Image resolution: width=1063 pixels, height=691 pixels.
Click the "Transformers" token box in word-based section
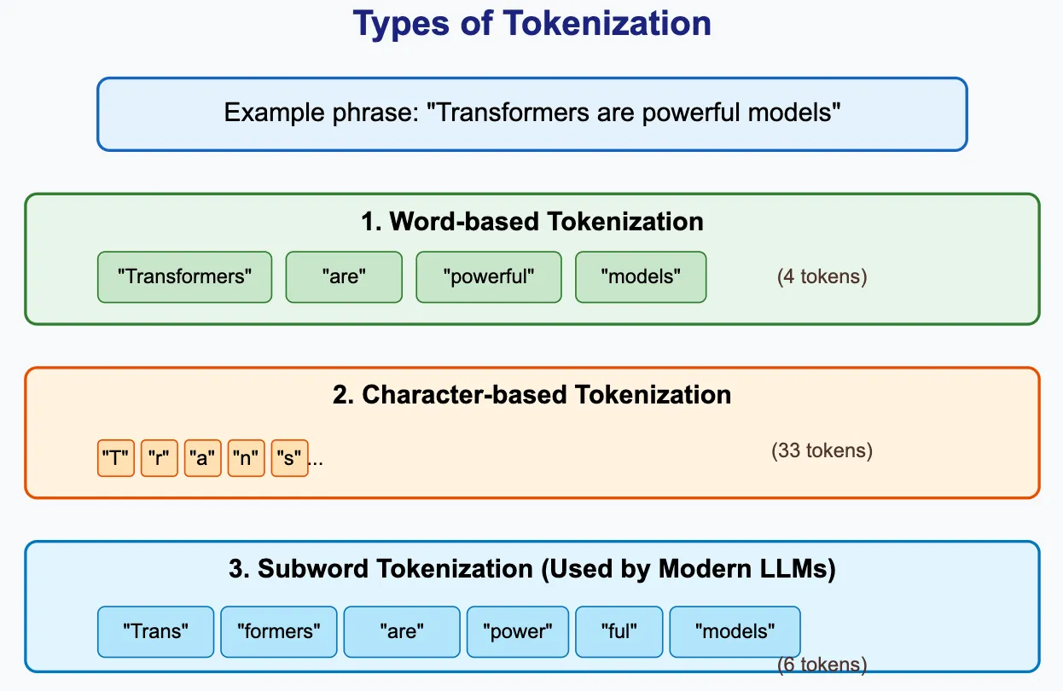coord(184,277)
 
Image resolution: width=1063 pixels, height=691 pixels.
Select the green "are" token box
coord(344,277)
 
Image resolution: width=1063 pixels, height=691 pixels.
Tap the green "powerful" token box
coord(489,277)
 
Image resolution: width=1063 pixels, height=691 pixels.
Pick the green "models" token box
coord(641,277)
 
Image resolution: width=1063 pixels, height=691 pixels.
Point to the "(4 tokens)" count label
coord(822,276)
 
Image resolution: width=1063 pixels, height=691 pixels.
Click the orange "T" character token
coord(116,458)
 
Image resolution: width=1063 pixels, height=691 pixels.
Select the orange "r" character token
coord(160,458)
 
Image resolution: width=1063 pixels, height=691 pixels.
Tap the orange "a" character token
coord(203,458)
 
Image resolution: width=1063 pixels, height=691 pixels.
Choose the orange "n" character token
coord(247,458)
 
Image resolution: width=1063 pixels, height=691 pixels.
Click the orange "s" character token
coord(289,458)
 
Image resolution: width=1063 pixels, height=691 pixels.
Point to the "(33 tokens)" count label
coord(822,450)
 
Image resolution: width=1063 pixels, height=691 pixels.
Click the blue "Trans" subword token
coord(155,631)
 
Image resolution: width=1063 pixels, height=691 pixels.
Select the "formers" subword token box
coord(279,631)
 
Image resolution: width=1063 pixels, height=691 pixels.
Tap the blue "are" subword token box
coord(402,631)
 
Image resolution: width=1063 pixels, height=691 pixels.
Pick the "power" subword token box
coord(518,631)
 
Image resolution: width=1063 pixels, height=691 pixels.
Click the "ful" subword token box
coord(619,631)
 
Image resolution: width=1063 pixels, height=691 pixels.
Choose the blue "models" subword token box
coord(735,631)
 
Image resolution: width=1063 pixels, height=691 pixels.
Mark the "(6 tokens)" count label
coord(822,665)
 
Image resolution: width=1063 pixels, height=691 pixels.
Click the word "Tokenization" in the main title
coord(607,23)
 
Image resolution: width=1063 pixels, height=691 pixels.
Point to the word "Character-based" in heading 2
coord(464,395)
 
